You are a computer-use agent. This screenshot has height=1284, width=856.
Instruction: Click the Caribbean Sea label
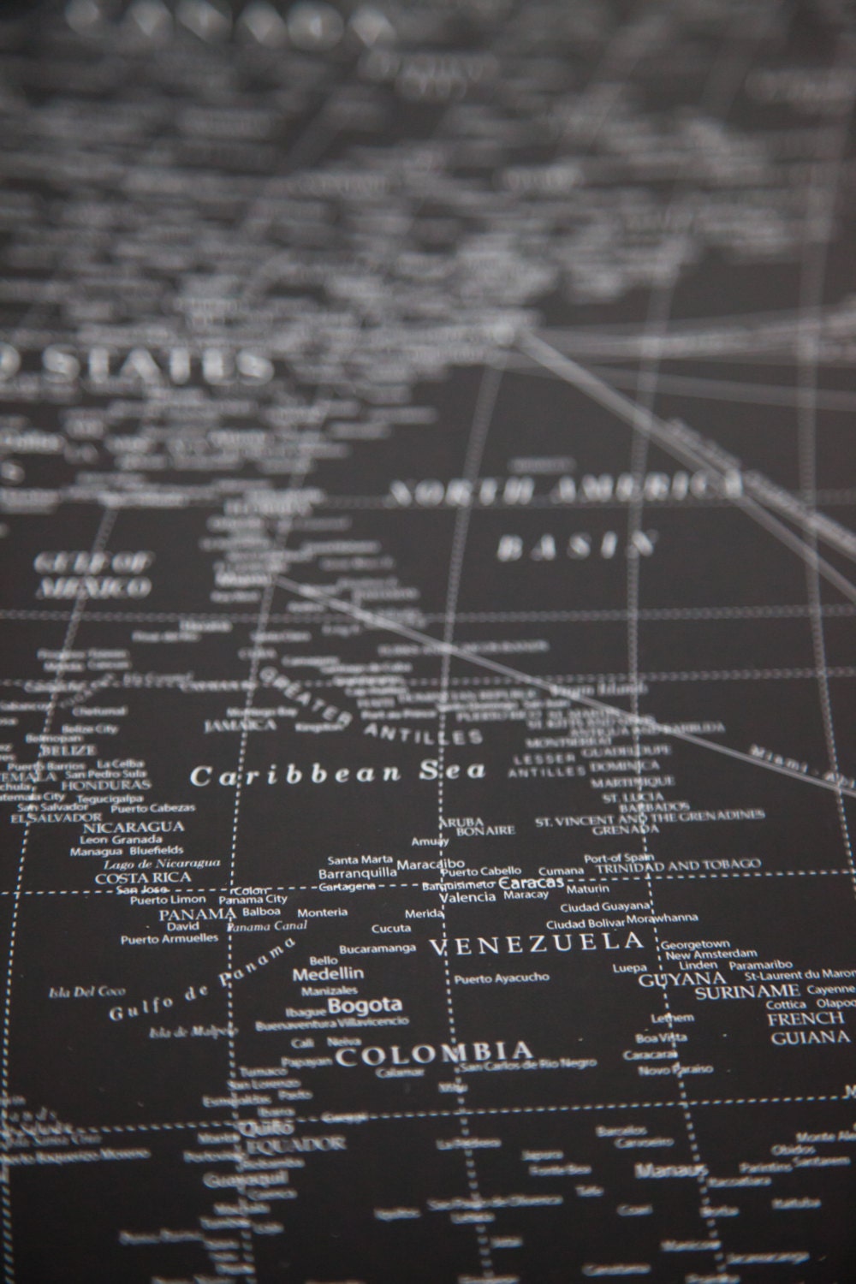click(337, 773)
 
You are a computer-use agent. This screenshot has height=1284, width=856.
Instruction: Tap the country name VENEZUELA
click(536, 944)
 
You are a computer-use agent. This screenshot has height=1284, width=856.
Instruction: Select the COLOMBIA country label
click(434, 1053)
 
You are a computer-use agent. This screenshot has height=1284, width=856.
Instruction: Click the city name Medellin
click(328, 973)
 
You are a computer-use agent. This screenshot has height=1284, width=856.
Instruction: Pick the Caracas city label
click(531, 882)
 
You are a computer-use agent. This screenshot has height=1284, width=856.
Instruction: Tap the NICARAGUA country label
click(133, 827)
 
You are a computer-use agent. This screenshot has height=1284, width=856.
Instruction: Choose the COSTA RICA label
click(143, 877)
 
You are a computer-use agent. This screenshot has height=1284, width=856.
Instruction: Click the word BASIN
click(577, 546)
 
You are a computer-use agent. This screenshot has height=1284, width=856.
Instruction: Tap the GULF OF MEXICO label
click(92, 574)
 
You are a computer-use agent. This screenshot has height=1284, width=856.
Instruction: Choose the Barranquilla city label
click(357, 874)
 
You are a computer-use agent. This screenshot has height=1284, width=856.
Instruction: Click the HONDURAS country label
click(105, 784)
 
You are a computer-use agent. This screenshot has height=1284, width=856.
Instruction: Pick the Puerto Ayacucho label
click(502, 978)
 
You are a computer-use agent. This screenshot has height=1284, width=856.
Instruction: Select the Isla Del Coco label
click(76, 992)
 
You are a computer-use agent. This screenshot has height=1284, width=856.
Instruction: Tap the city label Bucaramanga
click(377, 948)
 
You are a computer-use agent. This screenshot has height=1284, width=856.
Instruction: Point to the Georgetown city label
click(694, 943)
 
